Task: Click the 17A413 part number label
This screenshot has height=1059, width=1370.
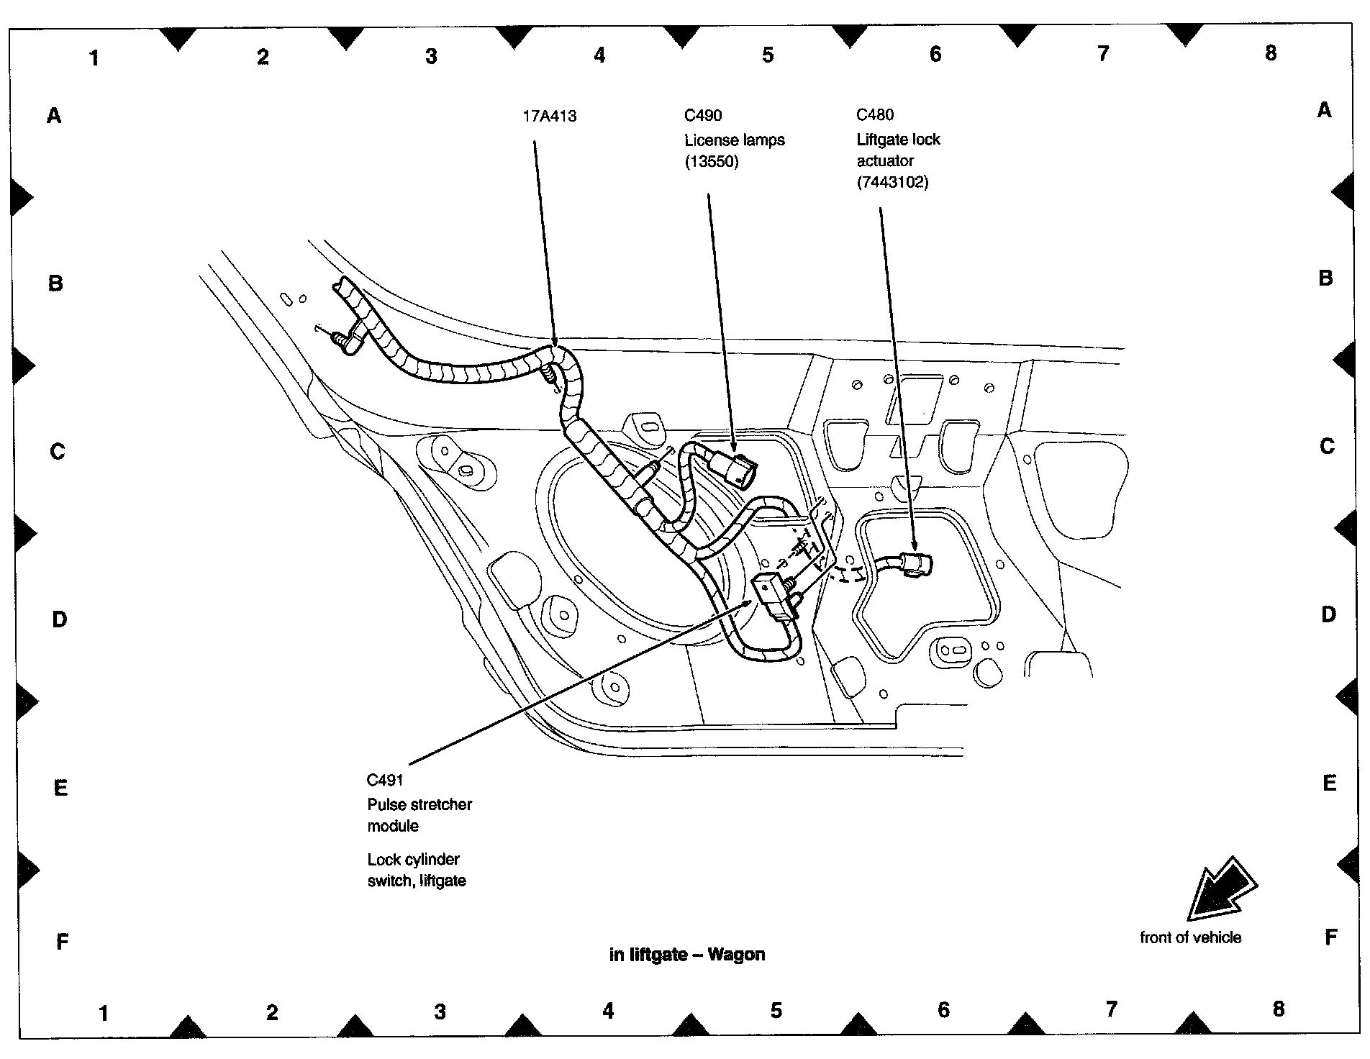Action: [549, 116]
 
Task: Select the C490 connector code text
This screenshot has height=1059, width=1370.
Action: [703, 115]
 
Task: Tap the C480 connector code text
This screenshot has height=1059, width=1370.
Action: [875, 114]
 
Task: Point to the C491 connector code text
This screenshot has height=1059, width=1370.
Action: [385, 780]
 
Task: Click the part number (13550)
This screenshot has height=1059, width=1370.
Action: [712, 161]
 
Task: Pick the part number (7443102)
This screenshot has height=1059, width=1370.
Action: [892, 182]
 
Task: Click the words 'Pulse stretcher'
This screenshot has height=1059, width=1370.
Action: [419, 804]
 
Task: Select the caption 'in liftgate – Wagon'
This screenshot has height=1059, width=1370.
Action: [687, 955]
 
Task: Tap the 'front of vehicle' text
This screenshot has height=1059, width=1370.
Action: [1190, 937]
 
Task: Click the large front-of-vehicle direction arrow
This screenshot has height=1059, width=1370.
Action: [1220, 890]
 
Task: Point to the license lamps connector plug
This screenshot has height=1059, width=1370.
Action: [735, 469]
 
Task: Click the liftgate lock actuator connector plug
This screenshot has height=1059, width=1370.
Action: [916, 563]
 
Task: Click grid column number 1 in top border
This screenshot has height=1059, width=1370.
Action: [94, 58]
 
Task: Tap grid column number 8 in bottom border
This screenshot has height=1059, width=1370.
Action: [1278, 1009]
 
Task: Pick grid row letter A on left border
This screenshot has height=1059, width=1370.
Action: [54, 115]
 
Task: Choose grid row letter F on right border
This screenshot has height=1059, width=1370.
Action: [1330, 937]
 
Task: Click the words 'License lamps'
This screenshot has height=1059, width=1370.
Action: [734, 140]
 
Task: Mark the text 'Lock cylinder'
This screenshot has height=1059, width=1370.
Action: [413, 859]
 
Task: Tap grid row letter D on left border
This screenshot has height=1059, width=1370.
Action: [60, 619]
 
